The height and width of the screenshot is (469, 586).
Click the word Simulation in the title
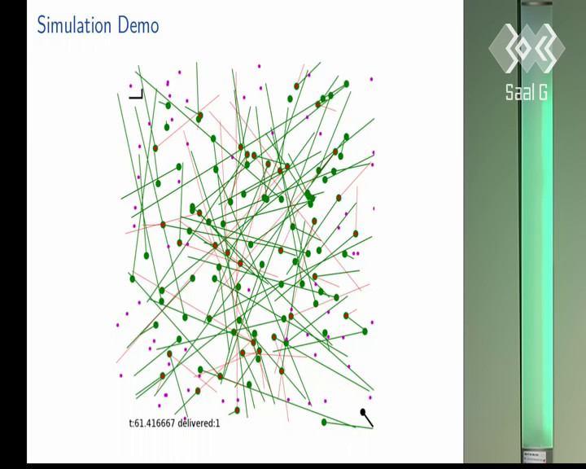click(74, 25)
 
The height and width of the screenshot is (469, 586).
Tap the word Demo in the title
click(138, 25)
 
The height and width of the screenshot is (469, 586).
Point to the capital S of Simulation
click(42, 25)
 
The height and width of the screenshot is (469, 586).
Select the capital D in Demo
click(123, 25)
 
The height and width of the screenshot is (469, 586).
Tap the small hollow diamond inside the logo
click(523, 49)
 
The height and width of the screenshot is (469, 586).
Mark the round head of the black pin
click(362, 412)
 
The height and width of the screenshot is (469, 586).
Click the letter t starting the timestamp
click(130, 423)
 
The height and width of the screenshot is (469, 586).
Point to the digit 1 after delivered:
click(217, 423)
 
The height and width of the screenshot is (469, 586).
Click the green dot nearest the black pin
click(324, 423)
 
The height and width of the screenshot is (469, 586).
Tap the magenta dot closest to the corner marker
click(131, 85)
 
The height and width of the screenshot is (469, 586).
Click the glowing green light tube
click(536, 232)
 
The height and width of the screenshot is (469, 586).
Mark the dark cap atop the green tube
click(536, 2)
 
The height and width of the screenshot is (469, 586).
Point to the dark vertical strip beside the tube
click(518, 232)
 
